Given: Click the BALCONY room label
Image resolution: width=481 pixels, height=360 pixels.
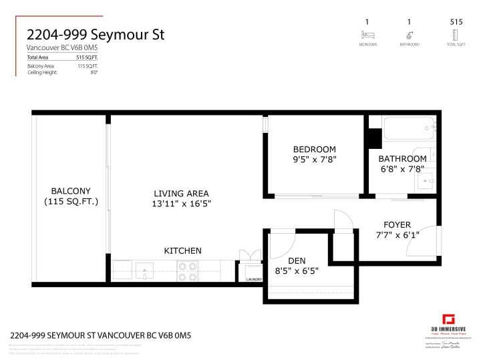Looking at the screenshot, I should (x=70, y=190).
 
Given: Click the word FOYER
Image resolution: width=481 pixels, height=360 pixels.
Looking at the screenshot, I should (x=397, y=224).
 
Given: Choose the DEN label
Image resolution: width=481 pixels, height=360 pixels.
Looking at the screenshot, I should (x=297, y=260).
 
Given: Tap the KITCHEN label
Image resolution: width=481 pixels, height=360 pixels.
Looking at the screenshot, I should (x=182, y=250).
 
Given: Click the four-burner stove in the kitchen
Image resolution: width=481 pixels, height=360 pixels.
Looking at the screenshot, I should (x=187, y=271).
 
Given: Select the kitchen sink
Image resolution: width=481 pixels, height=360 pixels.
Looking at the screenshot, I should (x=144, y=271).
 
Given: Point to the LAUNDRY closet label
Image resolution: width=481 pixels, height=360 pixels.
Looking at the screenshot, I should (x=254, y=279).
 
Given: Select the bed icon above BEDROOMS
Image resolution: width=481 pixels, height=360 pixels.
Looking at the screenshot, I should (x=368, y=35).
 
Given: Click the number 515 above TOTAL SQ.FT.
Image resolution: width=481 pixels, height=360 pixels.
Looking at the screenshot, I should (x=457, y=22).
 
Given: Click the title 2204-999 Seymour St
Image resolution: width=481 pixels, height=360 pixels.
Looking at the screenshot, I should (x=95, y=34).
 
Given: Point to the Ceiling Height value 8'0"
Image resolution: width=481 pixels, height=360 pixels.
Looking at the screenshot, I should (x=94, y=72).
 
